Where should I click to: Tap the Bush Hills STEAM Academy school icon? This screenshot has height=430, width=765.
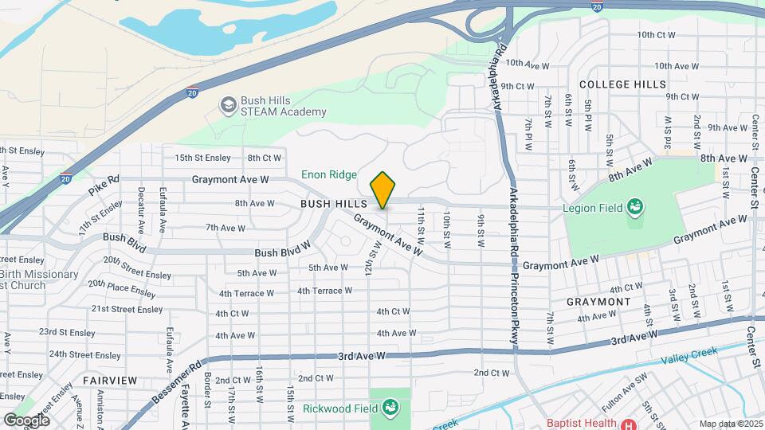pyautogui.click(x=229, y=105)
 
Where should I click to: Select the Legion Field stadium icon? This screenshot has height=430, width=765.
pyautogui.click(x=635, y=209)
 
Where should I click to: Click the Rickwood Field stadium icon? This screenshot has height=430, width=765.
pyautogui.click(x=390, y=409)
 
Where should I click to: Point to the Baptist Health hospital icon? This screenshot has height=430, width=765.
pyautogui.click(x=629, y=423)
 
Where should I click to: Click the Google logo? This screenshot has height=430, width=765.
pyautogui.click(x=26, y=420)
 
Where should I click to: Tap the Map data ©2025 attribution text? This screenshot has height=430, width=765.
pyautogui.click(x=730, y=423)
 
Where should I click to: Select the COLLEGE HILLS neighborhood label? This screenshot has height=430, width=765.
pyautogui.click(x=622, y=84)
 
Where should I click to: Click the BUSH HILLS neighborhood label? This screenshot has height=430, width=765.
pyautogui.click(x=327, y=205)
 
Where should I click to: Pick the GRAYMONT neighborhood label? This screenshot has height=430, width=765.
pyautogui.click(x=598, y=303)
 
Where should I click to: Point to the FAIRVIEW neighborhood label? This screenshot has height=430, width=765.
pyautogui.click(x=109, y=380)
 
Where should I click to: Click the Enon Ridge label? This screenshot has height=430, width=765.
pyautogui.click(x=329, y=174)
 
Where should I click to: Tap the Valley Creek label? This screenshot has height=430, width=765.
pyautogui.click(x=689, y=353)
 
